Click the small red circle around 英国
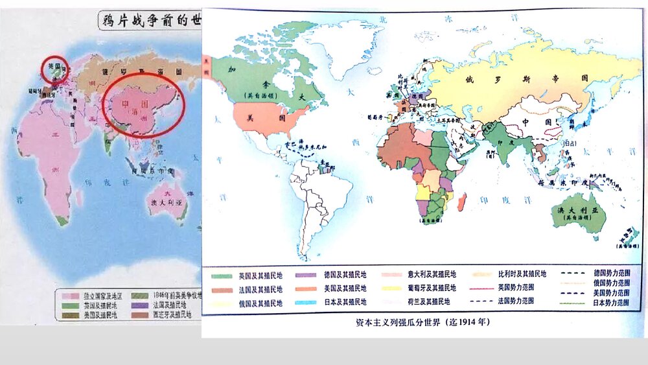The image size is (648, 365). (x=55, y=69)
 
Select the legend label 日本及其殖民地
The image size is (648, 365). (x=345, y=302)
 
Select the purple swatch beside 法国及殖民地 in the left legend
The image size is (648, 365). (x=139, y=305)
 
